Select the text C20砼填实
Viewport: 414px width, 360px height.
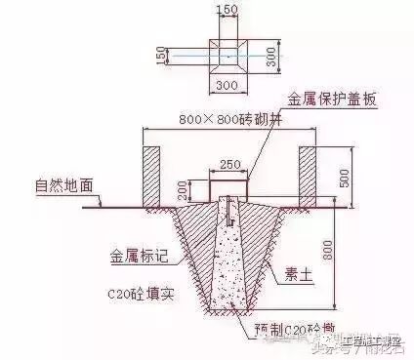coord(141,293)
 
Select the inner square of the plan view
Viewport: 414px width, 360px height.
coord(228,57)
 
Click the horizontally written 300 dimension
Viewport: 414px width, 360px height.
coord(228,86)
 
